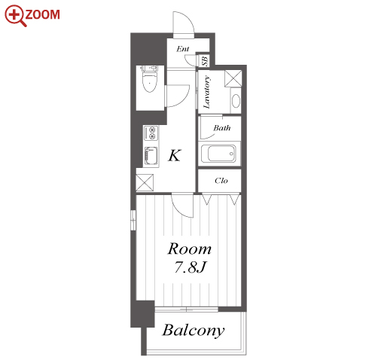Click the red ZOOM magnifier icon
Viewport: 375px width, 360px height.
click(15, 16)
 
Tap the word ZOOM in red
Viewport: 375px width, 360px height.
click(43, 14)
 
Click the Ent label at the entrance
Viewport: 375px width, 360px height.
click(182, 49)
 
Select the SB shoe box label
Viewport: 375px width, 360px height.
click(205, 61)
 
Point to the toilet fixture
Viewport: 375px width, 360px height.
click(149, 79)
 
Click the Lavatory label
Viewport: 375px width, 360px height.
click(207, 92)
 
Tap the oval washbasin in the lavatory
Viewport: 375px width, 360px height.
click(236, 101)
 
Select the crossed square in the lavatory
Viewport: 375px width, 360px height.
click(233, 78)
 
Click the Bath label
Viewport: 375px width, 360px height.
click(222, 128)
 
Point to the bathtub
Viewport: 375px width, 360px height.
click(218, 154)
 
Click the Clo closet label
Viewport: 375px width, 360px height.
click(221, 181)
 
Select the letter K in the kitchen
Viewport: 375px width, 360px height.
click(175, 155)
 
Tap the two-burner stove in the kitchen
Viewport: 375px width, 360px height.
click(151, 133)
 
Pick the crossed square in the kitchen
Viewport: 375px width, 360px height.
click(145, 182)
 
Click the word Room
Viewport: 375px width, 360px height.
click(190, 249)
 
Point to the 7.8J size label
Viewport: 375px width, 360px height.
click(191, 267)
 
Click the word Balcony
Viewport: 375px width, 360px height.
click(194, 331)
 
